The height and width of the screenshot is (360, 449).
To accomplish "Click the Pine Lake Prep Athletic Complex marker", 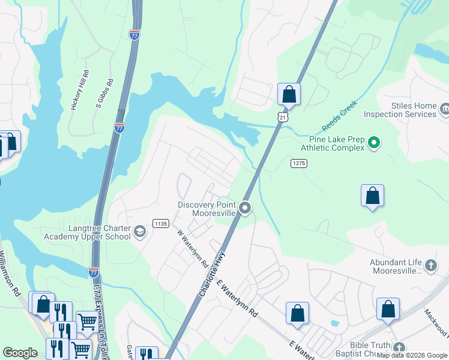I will tap(374, 143).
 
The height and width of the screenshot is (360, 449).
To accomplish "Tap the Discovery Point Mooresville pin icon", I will tap(244, 208).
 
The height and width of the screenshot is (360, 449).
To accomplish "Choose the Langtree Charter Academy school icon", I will tap(140, 232).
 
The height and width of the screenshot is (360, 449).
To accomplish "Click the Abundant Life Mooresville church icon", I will tap(430, 265).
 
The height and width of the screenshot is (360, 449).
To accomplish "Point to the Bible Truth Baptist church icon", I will tap(399, 347).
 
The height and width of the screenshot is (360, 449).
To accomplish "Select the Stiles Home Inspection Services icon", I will tap(445, 109).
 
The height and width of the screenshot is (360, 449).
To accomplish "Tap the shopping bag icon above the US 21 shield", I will tap(289, 94).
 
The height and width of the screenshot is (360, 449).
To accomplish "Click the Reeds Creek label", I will tap(340, 115).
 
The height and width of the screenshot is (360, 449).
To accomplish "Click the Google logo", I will tap(20, 353).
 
